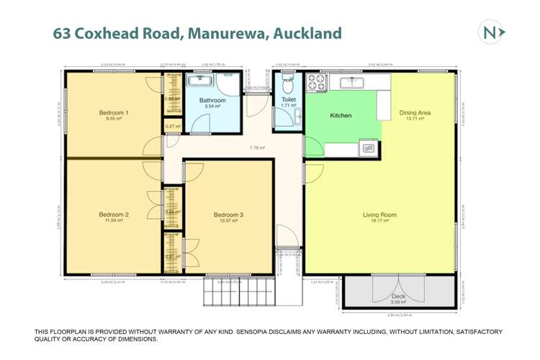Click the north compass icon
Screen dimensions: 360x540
[x=492, y=32]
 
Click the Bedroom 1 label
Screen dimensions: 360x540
[x=114, y=113]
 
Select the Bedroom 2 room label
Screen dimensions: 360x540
[x=114, y=215]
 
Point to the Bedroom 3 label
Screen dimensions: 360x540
[x=228, y=215]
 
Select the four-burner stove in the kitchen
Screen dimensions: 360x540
[x=317, y=83]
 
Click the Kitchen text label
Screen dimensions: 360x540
[x=341, y=115]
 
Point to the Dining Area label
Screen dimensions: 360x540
[x=415, y=112]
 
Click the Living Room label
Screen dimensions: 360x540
[x=379, y=215]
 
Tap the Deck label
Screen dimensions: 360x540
[x=398, y=296]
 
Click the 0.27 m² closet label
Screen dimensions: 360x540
[x=172, y=127]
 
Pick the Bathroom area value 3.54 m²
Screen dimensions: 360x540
[x=212, y=107]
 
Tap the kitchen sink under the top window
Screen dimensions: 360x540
[x=353, y=81]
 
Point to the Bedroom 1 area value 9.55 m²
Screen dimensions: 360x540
[x=114, y=120]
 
